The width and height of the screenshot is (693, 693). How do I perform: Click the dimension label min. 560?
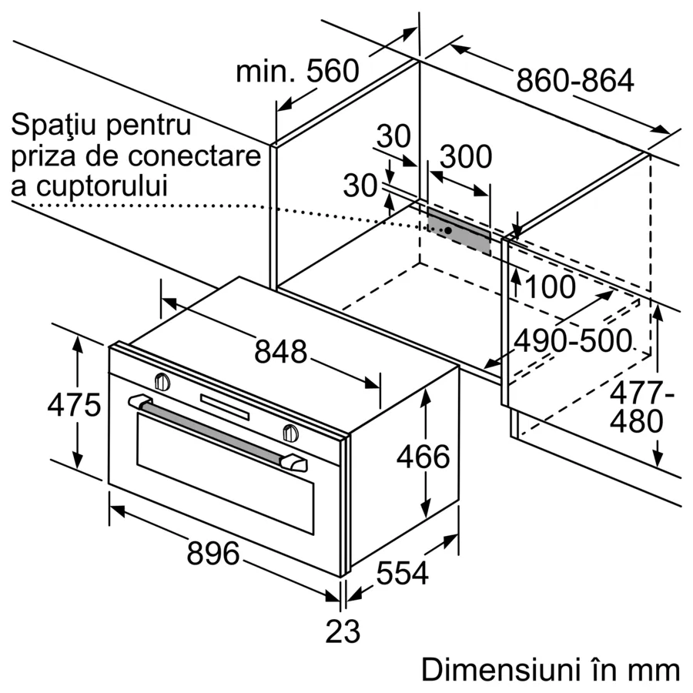click(x=297, y=72)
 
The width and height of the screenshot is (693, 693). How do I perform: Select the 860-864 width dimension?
click(x=574, y=80)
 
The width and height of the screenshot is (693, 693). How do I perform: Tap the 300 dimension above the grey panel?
click(x=465, y=156)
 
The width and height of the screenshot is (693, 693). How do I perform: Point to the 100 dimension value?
click(x=550, y=287)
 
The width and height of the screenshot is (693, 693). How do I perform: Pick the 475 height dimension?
click(x=74, y=404)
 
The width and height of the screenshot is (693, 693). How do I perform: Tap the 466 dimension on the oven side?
click(x=423, y=457)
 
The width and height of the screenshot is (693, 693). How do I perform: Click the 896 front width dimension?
click(x=213, y=553)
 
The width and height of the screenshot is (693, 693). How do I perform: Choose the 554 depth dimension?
click(x=402, y=573)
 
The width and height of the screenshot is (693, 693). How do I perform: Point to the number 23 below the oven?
click(x=343, y=632)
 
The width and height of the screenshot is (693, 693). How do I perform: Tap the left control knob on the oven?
click(x=162, y=381)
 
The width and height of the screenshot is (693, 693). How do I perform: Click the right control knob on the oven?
click(x=290, y=433)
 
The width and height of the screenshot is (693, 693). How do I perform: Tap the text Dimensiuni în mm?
click(x=550, y=669)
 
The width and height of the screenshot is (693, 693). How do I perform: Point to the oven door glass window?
click(x=223, y=477)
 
